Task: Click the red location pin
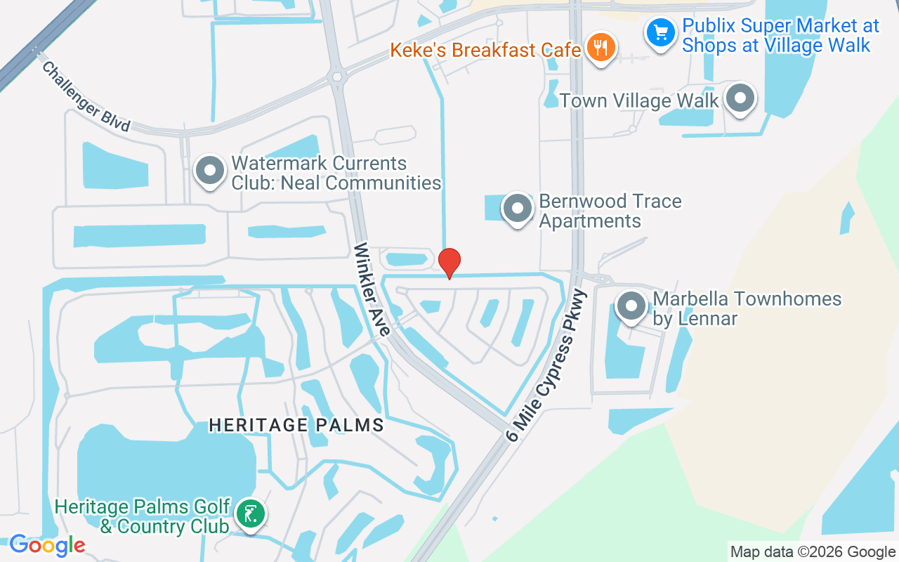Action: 449,263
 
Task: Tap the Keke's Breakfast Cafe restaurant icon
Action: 601,47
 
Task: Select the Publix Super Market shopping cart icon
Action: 660,32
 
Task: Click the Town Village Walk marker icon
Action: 740,98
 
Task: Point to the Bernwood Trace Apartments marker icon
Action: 518,208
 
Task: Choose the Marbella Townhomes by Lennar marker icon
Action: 631,306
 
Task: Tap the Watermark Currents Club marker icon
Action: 209,171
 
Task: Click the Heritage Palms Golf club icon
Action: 250,513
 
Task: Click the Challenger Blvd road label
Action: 86,97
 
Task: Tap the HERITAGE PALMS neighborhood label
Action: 296,425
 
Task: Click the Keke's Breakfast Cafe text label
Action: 485,50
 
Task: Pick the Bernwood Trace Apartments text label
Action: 610,211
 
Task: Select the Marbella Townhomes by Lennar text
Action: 747,308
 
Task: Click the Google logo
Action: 47,545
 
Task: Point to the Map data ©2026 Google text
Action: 813,552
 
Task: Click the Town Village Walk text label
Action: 639,100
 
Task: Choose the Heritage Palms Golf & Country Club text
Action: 143,516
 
